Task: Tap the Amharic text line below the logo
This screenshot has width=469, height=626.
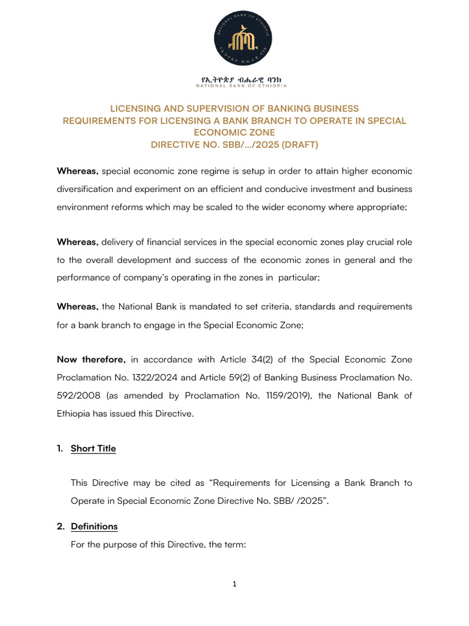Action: (234, 79)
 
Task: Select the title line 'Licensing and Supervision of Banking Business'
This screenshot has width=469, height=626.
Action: (234, 108)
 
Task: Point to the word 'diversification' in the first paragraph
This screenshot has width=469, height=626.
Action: (88, 189)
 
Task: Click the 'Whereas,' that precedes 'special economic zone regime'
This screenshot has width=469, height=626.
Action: (78, 171)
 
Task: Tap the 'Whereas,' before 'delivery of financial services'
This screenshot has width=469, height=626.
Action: (78, 241)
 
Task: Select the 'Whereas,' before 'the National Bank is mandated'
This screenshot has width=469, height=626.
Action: (78, 306)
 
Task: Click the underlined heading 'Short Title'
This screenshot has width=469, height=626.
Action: (93, 449)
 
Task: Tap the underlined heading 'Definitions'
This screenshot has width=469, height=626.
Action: (94, 526)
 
